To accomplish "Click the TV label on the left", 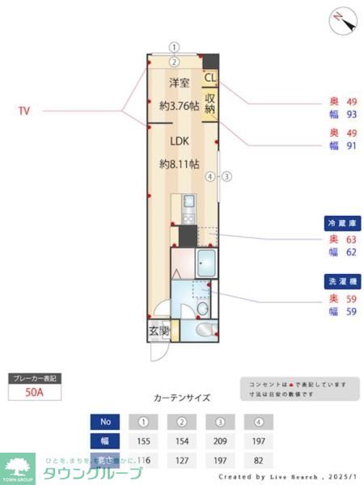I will click(x=24, y=111).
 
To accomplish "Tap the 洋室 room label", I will click(x=180, y=83).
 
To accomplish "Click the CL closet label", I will click(x=210, y=78).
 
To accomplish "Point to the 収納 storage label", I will click(x=210, y=103).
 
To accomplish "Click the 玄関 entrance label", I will click(x=159, y=331).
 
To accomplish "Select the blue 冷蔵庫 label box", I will click(x=341, y=222).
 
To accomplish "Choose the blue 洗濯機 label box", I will click(x=341, y=282).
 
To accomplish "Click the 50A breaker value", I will click(x=35, y=394).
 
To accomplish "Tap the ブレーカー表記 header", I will click(x=35, y=378).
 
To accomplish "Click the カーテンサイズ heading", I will click(x=182, y=398).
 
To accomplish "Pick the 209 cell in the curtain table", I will click(x=221, y=441).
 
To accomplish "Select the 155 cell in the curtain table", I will click(x=143, y=441).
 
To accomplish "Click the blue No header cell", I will click(x=104, y=421).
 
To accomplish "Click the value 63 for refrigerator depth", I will click(x=351, y=239).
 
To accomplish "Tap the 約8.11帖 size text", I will click(x=180, y=163).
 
